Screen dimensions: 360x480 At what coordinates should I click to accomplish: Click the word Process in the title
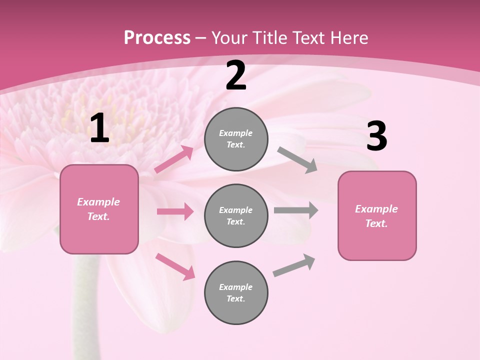(157, 37)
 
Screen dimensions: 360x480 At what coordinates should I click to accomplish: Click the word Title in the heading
(268, 37)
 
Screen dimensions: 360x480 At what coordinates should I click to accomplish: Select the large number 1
(99, 128)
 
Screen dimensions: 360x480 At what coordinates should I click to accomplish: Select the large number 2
(236, 76)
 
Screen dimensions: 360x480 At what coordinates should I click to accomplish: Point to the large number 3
(376, 136)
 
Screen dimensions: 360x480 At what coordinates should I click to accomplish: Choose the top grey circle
(236, 139)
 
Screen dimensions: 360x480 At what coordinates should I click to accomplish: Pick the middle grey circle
(236, 215)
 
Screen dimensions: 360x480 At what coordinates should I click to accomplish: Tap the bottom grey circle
(236, 292)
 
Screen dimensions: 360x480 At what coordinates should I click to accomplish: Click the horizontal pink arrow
(175, 211)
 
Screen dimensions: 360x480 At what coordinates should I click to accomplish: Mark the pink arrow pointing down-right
(175, 266)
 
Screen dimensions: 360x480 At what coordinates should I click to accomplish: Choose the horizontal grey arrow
(296, 210)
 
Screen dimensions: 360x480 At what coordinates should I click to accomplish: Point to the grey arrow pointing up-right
(294, 265)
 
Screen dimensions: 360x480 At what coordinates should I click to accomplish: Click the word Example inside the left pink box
(98, 202)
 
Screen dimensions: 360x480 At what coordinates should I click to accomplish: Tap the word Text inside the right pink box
(376, 223)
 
